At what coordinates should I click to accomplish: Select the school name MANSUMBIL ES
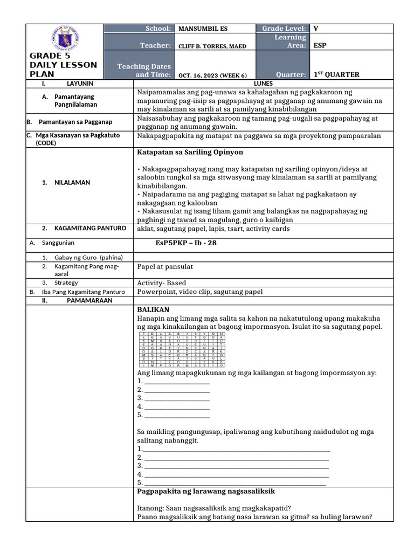[x=201, y=29]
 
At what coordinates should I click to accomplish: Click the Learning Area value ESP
[x=320, y=46]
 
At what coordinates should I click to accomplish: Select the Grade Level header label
[x=284, y=29]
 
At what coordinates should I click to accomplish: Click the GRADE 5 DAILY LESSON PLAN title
[x=63, y=65]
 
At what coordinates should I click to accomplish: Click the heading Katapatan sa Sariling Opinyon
[x=190, y=153]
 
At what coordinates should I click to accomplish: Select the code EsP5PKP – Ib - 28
[x=186, y=243]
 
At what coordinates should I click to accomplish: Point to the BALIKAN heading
[x=154, y=309]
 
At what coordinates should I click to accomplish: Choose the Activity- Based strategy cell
[x=162, y=283]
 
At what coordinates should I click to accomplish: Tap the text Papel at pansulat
[x=165, y=266]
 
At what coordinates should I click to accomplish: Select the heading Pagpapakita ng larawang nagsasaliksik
[x=206, y=492]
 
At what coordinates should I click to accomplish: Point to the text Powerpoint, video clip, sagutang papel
[x=200, y=292]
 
